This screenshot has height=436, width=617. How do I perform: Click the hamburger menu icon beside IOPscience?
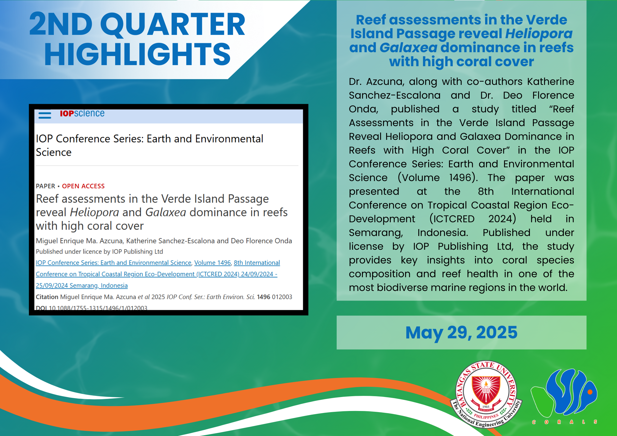pos(45,114)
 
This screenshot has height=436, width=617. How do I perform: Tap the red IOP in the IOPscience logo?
pos(67,113)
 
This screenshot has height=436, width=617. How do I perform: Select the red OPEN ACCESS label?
pos(83,186)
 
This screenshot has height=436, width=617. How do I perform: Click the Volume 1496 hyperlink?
pos(212,263)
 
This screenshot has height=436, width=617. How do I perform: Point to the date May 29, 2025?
pos(461,333)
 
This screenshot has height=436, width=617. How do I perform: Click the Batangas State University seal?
pos(486,394)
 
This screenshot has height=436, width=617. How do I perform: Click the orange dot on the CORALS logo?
pos(590,392)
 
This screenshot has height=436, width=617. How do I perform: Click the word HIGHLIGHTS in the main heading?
pos(137,54)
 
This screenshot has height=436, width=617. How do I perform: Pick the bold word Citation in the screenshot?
pos(47,297)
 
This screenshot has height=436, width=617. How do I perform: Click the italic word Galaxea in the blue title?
pos(408,48)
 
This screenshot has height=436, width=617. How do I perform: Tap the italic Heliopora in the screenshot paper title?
pos(94,212)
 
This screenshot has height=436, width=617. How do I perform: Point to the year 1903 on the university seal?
pos(486,407)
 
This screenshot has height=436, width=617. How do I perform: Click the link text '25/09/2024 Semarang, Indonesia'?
pos(82,285)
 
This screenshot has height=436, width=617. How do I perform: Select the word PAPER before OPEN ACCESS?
pos(46,186)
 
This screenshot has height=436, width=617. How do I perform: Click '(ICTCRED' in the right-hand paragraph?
pos(452,219)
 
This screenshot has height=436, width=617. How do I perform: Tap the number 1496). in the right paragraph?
pos(463,178)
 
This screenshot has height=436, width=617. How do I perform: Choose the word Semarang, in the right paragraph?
pos(376,233)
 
